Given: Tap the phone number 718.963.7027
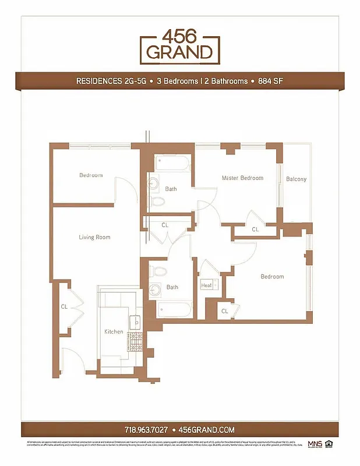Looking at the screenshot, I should (x=146, y=429).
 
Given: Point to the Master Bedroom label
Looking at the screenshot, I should (x=242, y=178).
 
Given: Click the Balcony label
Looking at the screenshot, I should (x=296, y=179).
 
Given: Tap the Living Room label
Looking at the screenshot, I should (x=94, y=237).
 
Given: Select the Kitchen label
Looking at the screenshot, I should (x=114, y=331).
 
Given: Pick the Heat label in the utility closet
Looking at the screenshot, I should (x=206, y=285).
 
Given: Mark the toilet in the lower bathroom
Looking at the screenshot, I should (x=157, y=271).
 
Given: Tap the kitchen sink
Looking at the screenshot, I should (x=135, y=321).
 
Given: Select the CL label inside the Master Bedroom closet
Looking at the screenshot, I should (x=255, y=230).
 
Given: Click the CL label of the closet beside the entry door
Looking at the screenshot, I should (x=64, y=306).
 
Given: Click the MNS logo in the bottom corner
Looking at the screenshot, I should (x=315, y=445).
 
